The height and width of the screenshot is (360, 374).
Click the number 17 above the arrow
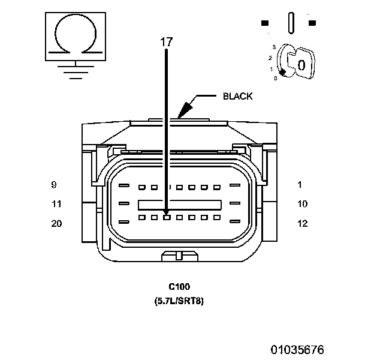coord(166,42)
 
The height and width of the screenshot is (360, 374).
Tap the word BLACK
coord(237,96)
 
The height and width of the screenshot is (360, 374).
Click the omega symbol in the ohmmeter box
coord(74,36)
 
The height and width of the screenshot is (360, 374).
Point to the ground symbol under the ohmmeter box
coord(74,71)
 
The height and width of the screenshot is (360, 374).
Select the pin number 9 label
coord(54,184)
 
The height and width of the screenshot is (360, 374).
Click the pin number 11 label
coord(56,204)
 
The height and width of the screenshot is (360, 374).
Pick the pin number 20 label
coord(56,223)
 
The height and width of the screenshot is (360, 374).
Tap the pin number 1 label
coord(300,184)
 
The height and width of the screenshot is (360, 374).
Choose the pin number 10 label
coord(302,204)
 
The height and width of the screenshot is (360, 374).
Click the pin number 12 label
coord(302,223)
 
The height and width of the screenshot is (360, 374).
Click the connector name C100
coord(179,287)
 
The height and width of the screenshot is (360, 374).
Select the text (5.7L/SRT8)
coord(179,301)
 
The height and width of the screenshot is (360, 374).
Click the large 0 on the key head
coord(302,64)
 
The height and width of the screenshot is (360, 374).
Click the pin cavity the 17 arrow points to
coord(167,217)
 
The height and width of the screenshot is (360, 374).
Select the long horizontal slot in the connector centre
coord(179,204)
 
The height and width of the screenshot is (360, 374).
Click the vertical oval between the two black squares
coord(290,23)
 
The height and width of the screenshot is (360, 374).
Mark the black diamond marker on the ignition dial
coord(282,71)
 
